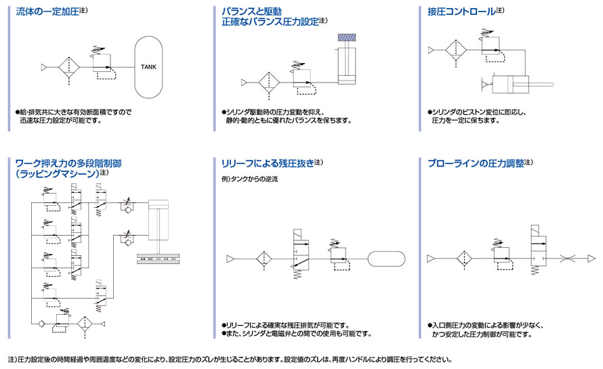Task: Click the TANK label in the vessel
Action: pos(149,67)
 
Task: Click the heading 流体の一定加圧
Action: pos(47,12)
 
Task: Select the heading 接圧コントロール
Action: pos(461,12)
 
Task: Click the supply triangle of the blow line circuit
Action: pos(431,258)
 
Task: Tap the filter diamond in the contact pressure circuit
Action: pos(454,49)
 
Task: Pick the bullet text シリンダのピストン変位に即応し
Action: pos(478,112)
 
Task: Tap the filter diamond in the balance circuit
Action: pos(269,83)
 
